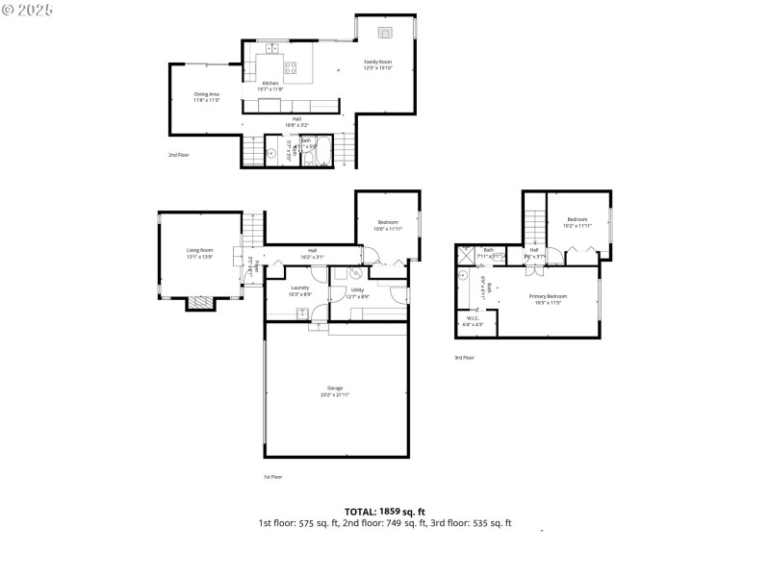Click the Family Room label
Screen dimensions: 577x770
tap(377, 62)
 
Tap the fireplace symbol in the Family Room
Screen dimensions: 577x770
tap(385, 34)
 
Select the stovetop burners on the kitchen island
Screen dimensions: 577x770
tap(292, 66)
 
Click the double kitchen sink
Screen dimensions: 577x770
tap(271, 46)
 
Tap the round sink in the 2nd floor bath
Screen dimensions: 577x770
tap(271, 153)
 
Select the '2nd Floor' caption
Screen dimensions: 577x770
tap(178, 154)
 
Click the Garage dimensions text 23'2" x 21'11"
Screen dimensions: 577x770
tap(335, 394)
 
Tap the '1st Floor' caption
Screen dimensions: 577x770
tap(272, 477)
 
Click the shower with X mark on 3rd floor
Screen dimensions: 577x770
tap(468, 255)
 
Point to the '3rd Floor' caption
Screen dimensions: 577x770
tap(464, 358)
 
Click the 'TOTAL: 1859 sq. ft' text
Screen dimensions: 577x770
tap(385, 512)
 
